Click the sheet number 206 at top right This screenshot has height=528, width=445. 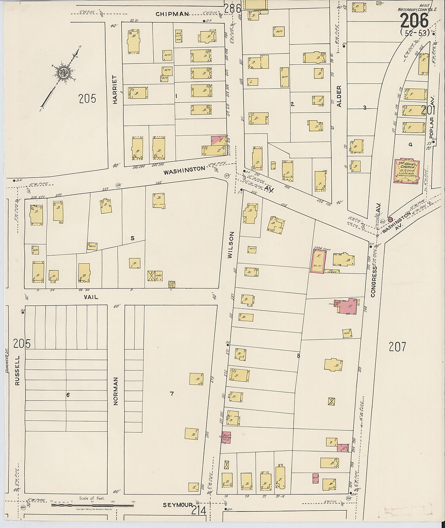point(414,20)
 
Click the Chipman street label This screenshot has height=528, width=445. point(173,14)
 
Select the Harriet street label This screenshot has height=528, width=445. point(115,90)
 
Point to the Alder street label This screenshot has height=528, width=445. point(339,96)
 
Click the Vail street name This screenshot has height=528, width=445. point(91,297)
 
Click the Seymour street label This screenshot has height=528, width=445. point(176,505)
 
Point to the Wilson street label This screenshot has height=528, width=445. point(231,245)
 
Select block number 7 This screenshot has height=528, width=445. point(172,394)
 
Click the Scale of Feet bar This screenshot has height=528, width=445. point(92,505)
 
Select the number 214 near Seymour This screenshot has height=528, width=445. point(199,511)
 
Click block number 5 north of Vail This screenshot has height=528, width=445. point(132,238)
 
